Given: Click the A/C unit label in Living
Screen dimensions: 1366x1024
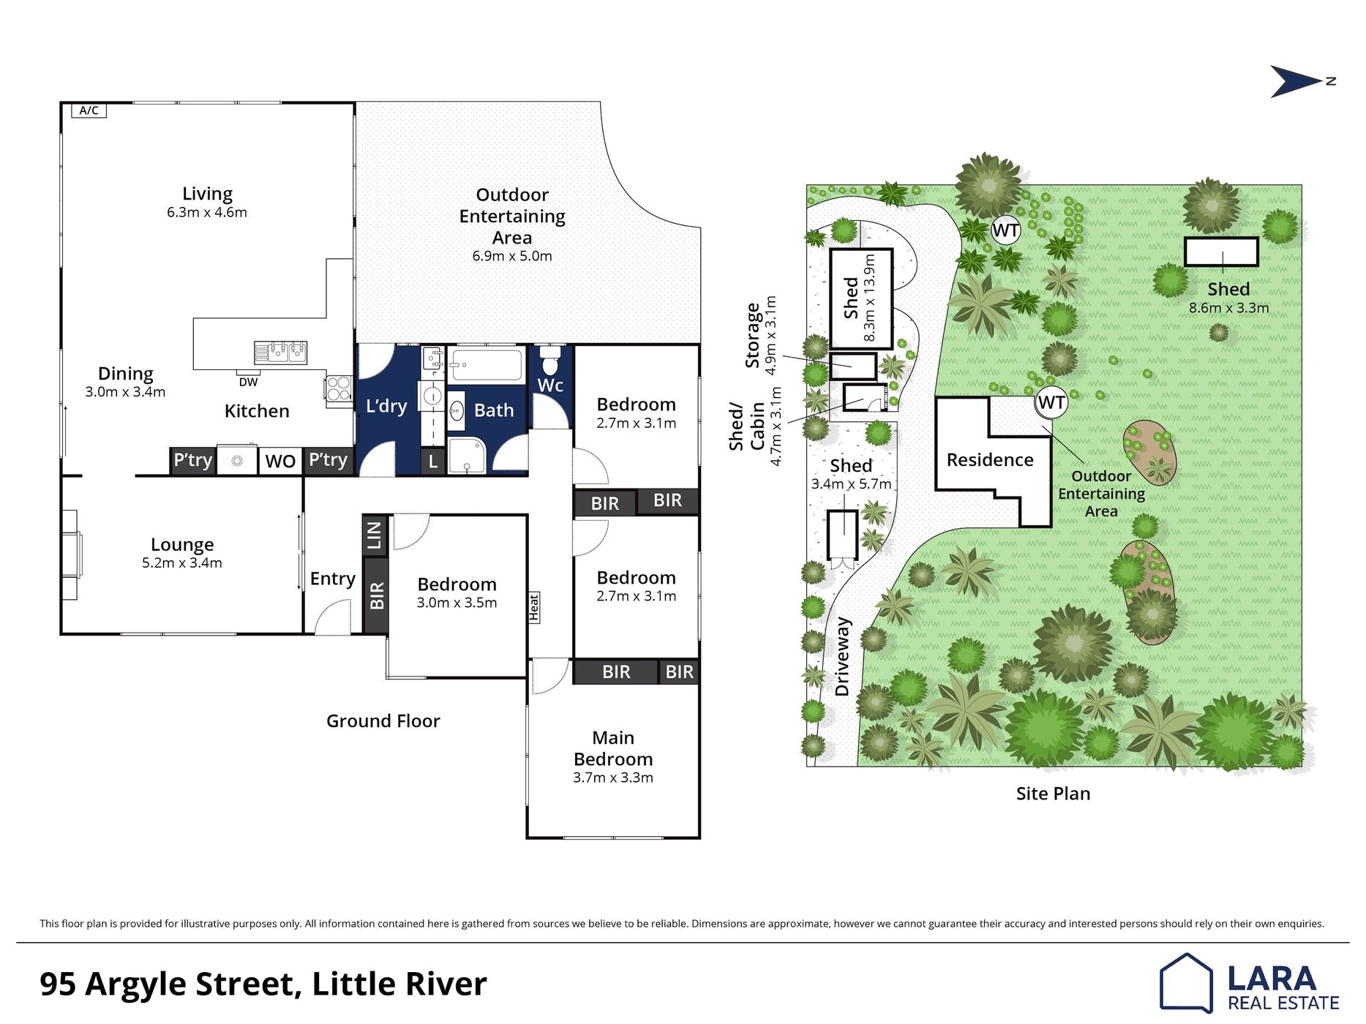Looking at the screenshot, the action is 89,110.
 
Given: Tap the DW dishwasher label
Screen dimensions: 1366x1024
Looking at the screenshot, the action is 248,382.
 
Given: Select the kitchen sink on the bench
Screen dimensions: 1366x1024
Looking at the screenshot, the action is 280,353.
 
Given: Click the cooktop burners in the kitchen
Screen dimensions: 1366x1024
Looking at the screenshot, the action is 339,388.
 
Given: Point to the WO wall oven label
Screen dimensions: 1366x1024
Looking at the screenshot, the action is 280,461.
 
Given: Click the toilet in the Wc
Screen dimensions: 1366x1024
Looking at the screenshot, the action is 550,361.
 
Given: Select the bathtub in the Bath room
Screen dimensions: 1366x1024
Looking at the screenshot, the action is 486,365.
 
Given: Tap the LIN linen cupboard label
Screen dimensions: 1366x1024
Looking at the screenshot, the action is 375,535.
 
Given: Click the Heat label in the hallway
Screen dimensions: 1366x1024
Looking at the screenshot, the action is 534,608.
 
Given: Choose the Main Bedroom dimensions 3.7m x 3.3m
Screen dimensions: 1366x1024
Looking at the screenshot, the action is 613,778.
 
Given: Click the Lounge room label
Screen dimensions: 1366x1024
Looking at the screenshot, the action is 182,544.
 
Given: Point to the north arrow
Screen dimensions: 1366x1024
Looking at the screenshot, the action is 1297,81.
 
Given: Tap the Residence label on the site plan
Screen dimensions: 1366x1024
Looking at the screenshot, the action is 990,459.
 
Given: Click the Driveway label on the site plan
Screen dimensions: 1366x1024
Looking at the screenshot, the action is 842,656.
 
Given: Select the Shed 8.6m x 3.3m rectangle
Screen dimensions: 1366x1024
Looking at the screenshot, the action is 1221,252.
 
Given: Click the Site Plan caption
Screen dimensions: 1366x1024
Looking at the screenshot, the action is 1053,794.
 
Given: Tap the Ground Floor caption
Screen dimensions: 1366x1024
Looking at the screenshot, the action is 383,721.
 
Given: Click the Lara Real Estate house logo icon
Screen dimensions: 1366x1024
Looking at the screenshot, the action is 1186,983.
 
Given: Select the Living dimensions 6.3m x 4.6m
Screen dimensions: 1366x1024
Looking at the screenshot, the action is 207,212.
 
